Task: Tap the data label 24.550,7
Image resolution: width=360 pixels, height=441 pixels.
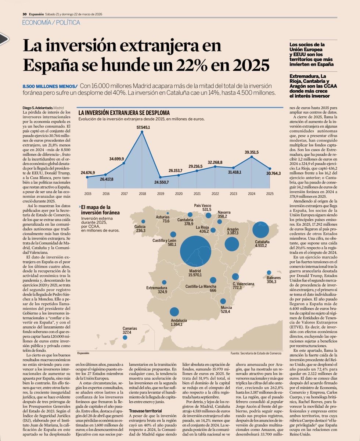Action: coord(161,183)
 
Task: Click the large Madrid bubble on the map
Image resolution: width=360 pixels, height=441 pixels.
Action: coord(198,251)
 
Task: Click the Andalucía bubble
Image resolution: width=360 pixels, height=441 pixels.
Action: coord(174,312)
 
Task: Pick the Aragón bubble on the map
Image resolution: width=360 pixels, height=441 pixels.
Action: coord(232,244)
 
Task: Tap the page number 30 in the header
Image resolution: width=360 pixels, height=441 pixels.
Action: coord(24,14)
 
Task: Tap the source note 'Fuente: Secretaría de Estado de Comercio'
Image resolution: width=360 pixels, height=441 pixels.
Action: coord(256,353)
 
